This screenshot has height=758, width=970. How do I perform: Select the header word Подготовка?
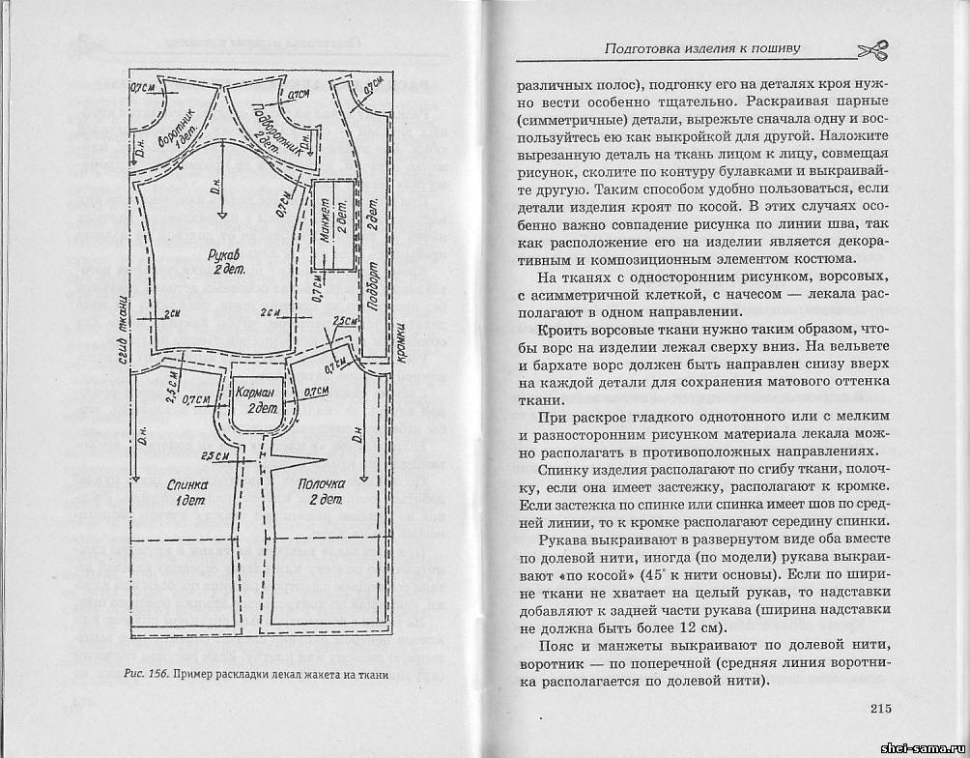pos(645,47)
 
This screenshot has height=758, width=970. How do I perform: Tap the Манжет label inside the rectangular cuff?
pos(327,221)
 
